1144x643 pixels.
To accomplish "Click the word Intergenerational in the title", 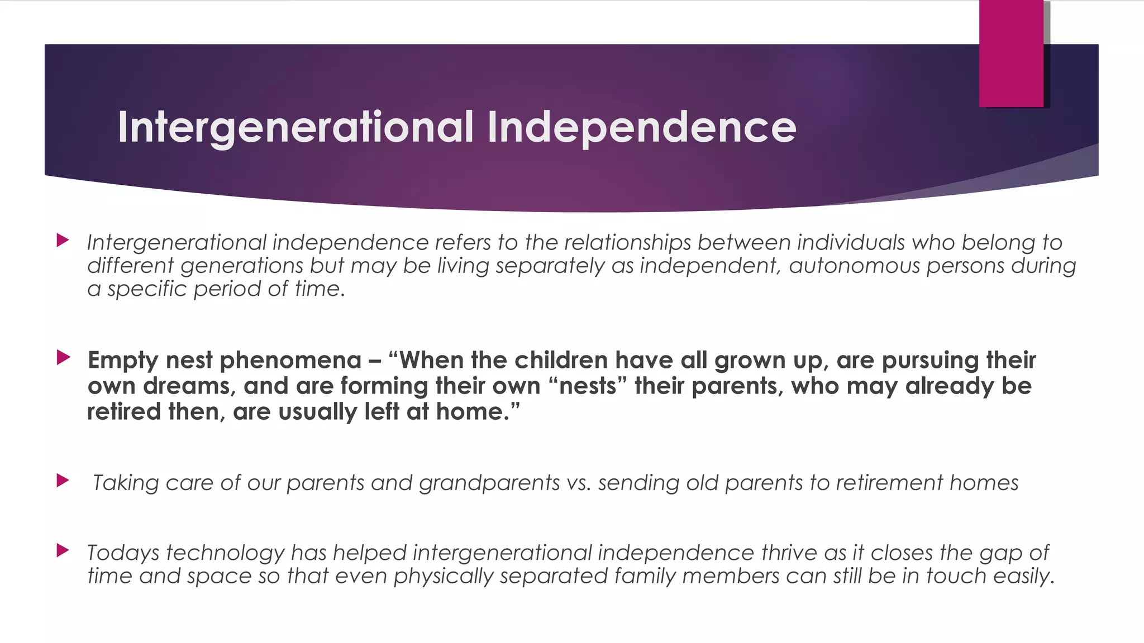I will (296, 127).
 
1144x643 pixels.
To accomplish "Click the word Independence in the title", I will (641, 127).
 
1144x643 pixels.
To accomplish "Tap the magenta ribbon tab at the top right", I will (1011, 54).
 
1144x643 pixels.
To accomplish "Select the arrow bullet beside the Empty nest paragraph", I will (63, 357).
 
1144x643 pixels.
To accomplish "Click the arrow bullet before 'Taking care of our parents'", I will (63, 480).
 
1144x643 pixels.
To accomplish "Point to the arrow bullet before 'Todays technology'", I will (63, 551).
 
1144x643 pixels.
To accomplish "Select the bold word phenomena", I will (290, 360).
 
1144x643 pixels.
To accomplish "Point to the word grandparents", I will (489, 483).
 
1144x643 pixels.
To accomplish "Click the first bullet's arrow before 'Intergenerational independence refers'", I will (63, 241).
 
